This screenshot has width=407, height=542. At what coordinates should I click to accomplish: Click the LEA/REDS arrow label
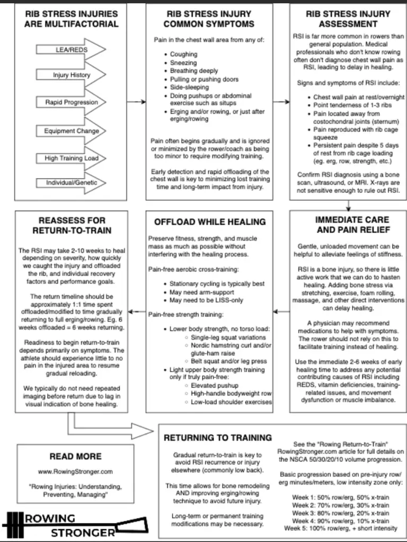point(72,50)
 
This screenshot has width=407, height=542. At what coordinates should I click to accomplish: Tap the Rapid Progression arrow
point(72,102)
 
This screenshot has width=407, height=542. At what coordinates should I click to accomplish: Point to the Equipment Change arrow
point(72,130)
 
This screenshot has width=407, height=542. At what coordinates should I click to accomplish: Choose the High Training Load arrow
point(72,158)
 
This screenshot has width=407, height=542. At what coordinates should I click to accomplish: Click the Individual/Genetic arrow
point(72,183)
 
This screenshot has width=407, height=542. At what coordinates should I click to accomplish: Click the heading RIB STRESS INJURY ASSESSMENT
point(348,19)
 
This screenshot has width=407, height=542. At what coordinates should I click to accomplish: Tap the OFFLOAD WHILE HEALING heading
point(210,221)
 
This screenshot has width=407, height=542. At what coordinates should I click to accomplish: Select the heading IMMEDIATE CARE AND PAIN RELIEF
point(348,225)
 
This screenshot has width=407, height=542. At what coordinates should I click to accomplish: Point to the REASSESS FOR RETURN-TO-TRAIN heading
point(72,225)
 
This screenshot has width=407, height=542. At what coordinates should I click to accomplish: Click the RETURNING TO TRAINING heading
point(217,438)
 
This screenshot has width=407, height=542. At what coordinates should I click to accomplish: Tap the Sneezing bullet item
point(183,62)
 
